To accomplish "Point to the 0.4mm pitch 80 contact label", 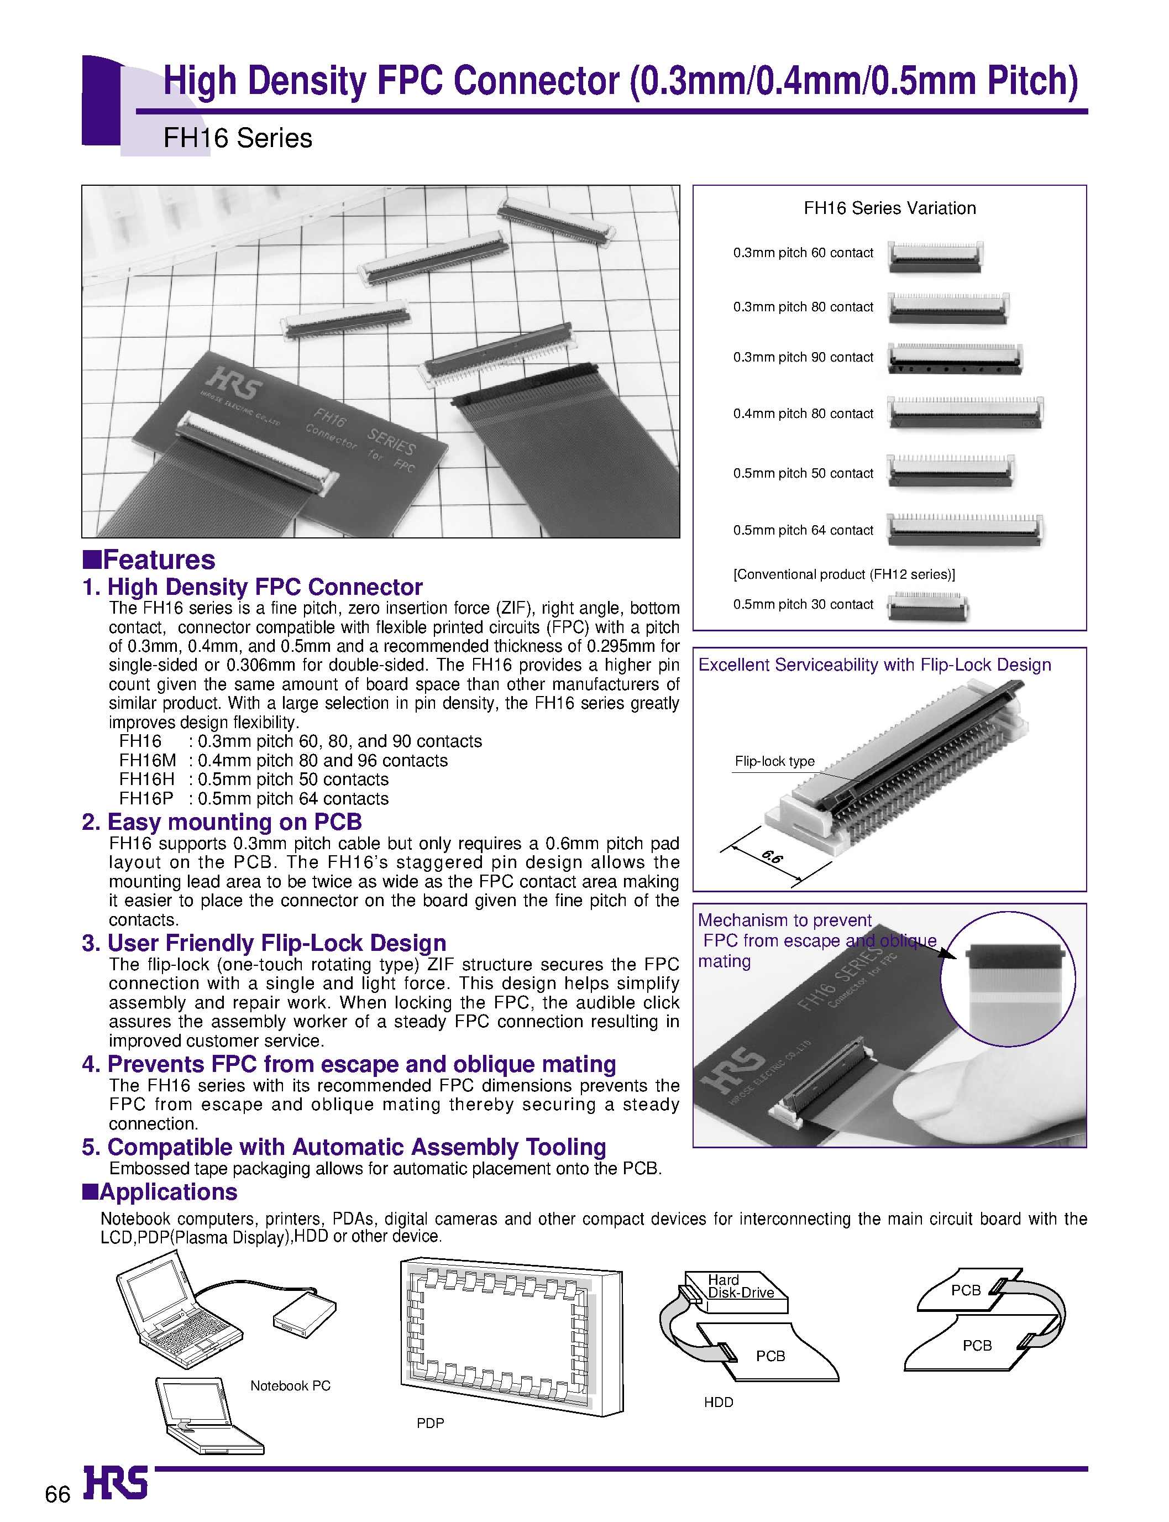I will [x=803, y=414].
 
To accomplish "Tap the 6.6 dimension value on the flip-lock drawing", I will [x=772, y=857].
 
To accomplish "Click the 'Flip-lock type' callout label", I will [x=774, y=761].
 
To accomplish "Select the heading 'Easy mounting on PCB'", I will [x=222, y=822].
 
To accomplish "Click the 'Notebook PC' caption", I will [x=290, y=1385].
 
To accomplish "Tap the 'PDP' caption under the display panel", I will [x=430, y=1423].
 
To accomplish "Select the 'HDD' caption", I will [x=718, y=1402].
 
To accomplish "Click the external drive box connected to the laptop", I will [x=305, y=1314].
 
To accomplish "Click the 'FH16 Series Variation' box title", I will [x=889, y=208].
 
